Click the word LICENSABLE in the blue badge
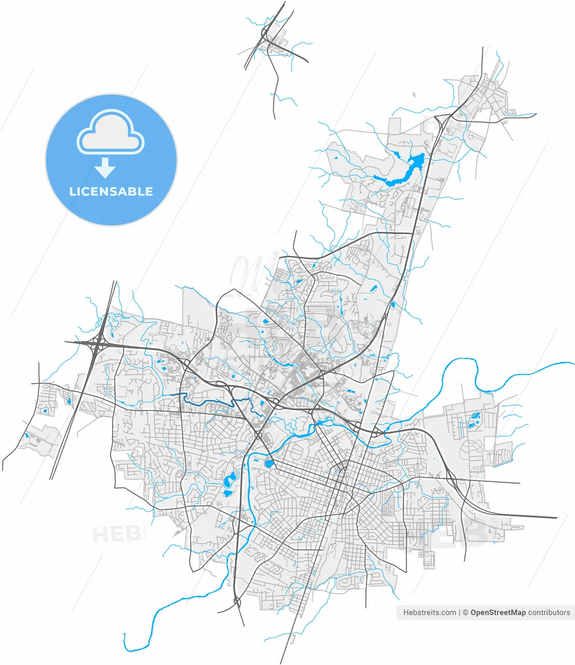point(111,192)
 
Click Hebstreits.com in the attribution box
point(430,613)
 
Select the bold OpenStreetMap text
point(498,613)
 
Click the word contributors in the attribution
point(549,613)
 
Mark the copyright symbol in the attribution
point(466,613)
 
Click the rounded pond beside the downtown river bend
point(269,463)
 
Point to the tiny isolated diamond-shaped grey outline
point(414,95)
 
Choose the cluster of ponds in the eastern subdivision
point(473,420)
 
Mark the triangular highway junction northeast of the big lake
point(441,121)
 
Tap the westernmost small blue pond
point(25,435)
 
